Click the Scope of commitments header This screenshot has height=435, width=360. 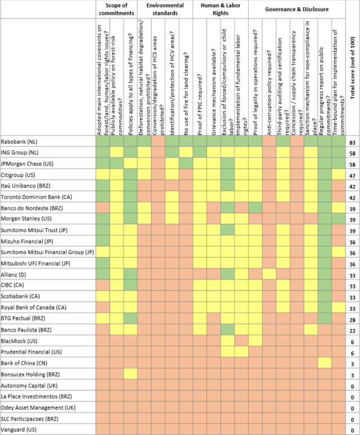tap(116, 9)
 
